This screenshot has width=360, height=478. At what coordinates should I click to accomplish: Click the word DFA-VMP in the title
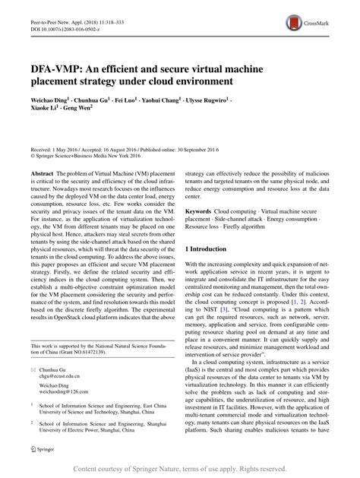60,66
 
